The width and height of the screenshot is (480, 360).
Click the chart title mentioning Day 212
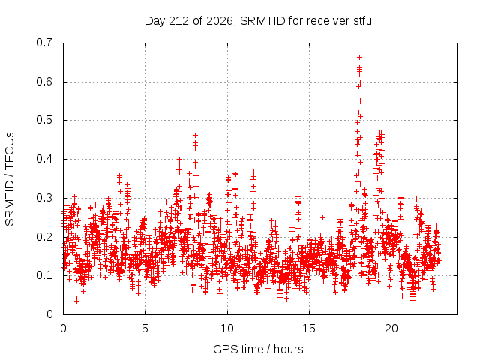tap(258, 21)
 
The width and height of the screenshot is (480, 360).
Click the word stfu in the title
tap(363, 21)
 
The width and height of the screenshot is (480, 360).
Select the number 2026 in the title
tap(219, 21)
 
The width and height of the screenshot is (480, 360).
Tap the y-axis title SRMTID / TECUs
tap(10, 179)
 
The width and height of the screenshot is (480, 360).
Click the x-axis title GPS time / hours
tap(258, 349)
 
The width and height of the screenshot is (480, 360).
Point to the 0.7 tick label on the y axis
tap(44, 43)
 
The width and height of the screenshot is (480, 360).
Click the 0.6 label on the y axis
tap(44, 82)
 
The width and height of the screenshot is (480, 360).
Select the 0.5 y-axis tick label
tap(44, 120)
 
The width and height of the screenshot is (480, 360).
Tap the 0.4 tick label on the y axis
tap(44, 159)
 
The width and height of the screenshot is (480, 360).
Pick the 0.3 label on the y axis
tap(44, 198)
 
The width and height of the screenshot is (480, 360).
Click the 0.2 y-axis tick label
tap(44, 237)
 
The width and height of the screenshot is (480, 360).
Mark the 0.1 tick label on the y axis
tap(44, 275)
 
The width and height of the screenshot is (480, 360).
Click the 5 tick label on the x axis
tap(145, 328)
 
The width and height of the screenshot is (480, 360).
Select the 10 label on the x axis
tap(227, 328)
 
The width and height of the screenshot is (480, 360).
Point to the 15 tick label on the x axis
tap(309, 328)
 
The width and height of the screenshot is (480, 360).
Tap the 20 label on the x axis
tap(391, 328)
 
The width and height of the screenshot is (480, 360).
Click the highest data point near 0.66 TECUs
tap(360, 57)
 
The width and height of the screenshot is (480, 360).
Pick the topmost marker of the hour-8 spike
tap(195, 135)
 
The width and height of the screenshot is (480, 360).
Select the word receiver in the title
tap(328, 21)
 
